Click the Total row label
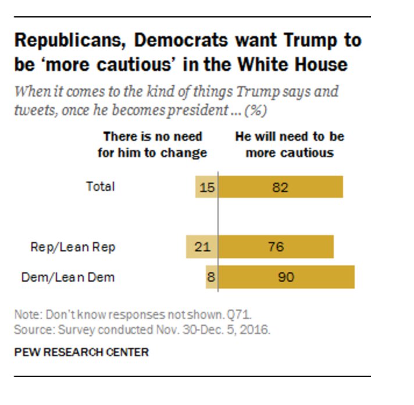click(101, 187)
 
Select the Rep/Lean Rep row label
click(73, 247)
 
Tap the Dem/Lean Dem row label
click(68, 277)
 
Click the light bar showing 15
click(206, 187)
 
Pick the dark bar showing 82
click(280, 187)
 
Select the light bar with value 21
click(201, 247)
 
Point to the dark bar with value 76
click(276, 247)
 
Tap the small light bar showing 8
click(211, 277)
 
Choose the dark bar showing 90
click(286, 277)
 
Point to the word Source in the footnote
click(30, 330)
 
